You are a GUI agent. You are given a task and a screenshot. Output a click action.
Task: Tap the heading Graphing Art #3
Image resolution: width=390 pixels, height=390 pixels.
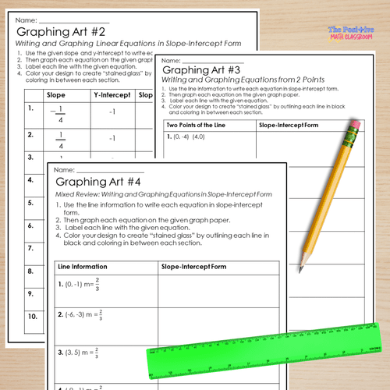click(202, 69)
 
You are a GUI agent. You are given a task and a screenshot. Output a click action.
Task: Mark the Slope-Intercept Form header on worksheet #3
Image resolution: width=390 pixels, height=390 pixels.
click(288, 124)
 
